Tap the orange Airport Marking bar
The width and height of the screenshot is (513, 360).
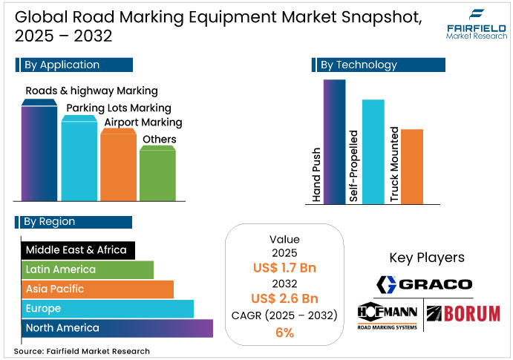coord(118,166)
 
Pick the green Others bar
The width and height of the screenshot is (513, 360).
coord(157,174)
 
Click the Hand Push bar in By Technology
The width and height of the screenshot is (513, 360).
coord(335,141)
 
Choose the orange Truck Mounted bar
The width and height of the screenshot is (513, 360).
coord(412,166)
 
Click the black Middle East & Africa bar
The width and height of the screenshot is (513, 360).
coord(78,250)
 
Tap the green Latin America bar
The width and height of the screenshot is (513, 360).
coord(87,269)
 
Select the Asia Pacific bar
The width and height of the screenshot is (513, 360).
coord(97,289)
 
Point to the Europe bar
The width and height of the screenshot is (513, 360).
coord(107,308)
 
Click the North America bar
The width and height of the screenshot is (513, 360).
coord(117,327)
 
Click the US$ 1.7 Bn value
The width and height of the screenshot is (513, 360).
coord(284,267)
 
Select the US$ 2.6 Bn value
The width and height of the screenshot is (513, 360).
coord(284,299)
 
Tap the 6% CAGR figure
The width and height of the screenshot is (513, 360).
coord(284,333)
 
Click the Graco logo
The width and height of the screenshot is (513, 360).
coord(425,284)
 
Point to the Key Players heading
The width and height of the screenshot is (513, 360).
coord(426,258)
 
